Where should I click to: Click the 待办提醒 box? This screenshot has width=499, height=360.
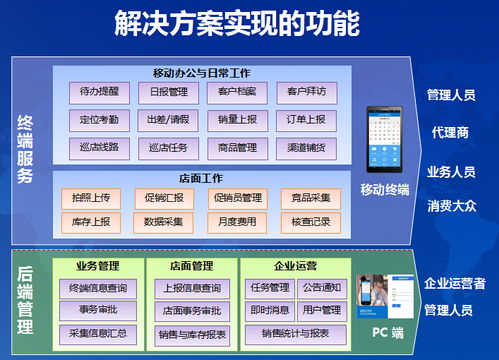pyautogui.click(x=99, y=92)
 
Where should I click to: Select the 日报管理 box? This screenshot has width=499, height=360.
pyautogui.click(x=168, y=92)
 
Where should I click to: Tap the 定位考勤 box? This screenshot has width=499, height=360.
pyautogui.click(x=99, y=119)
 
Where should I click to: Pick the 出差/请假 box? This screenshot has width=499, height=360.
pyautogui.click(x=168, y=119)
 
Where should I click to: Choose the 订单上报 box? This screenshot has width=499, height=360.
pyautogui.click(x=306, y=119)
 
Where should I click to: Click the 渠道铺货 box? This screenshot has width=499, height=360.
pyautogui.click(x=306, y=147)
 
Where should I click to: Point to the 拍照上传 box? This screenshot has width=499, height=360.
pyautogui.click(x=92, y=197)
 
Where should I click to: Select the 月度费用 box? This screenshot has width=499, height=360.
pyautogui.click(x=236, y=220)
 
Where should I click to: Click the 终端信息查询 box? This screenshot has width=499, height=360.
pyautogui.click(x=97, y=288)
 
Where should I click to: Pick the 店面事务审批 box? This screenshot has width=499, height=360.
pyautogui.click(x=192, y=310)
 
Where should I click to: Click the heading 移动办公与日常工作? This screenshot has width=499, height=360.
pyautogui.click(x=202, y=73)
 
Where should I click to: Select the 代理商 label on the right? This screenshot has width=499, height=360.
pyautogui.click(x=450, y=131)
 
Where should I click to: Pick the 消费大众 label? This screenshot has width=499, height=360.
pyautogui.click(x=450, y=207)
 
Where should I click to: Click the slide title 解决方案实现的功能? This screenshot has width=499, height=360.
pyautogui.click(x=250, y=22)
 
